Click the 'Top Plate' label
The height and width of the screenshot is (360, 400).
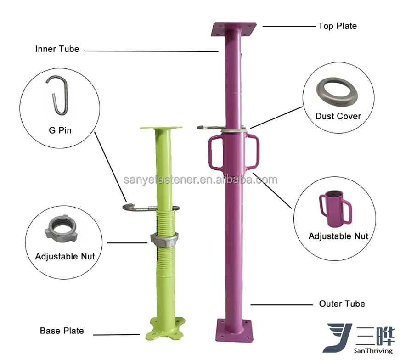(337, 26)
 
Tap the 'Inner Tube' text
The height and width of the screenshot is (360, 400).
(57, 49)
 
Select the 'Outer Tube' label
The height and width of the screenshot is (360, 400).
(342, 304)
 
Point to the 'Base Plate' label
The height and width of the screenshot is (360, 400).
(62, 331)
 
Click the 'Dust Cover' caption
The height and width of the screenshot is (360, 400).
(338, 116)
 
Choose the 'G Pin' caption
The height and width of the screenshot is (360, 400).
(60, 130)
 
